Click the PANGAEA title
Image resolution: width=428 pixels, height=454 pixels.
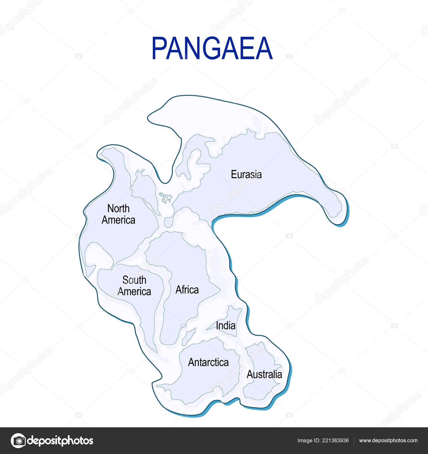pyautogui.click(x=212, y=48)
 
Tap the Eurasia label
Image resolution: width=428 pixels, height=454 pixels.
pyautogui.click(x=246, y=174)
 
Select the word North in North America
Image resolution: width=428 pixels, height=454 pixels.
pyautogui.click(x=118, y=208)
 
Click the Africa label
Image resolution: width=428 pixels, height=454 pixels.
pyautogui.click(x=187, y=290)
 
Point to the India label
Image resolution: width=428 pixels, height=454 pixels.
pyautogui.click(x=226, y=326)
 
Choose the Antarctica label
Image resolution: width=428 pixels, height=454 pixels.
pyautogui.click(x=208, y=362)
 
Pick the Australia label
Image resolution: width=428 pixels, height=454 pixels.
pyautogui.click(x=264, y=374)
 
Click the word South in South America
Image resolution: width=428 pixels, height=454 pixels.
pyautogui.click(x=134, y=280)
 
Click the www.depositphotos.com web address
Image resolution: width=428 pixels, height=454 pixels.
pyautogui.click(x=388, y=441)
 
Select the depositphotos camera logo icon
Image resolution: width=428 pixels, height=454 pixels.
pyautogui.click(x=18, y=441)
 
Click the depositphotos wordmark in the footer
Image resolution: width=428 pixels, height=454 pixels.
pyautogui.click(x=60, y=441)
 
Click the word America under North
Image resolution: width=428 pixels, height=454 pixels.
pyautogui.click(x=118, y=220)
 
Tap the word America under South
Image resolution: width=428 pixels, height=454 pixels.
pyautogui.click(x=134, y=292)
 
